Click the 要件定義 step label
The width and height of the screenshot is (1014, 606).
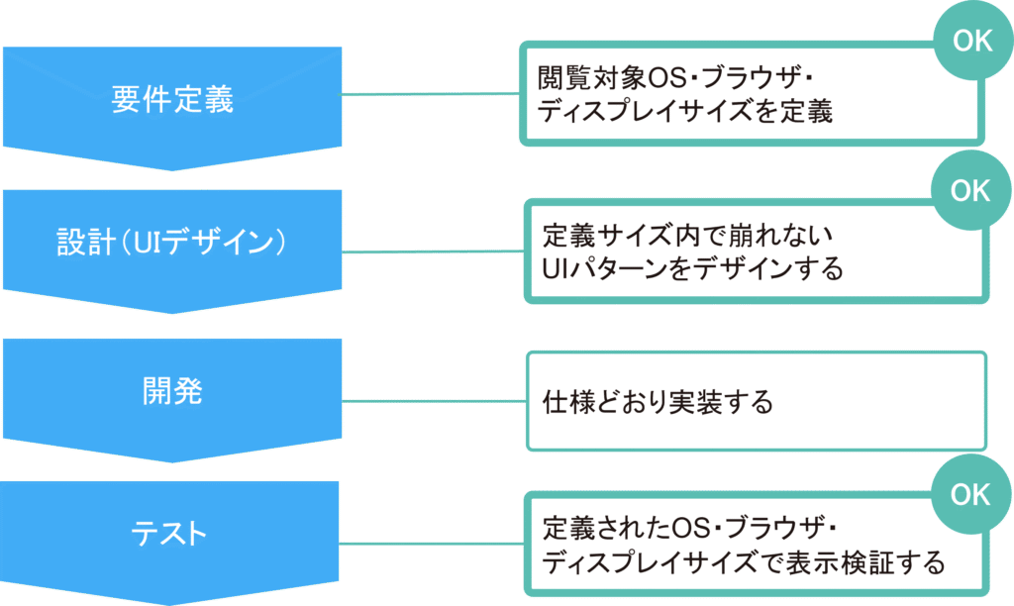click(x=172, y=100)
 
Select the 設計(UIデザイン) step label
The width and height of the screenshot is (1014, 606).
click(x=172, y=244)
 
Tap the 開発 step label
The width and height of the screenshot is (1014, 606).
click(x=172, y=390)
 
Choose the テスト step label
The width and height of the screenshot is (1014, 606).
click(x=172, y=534)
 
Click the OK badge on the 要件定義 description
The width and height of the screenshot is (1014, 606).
click(x=970, y=42)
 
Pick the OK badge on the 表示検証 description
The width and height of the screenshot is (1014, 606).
click(x=970, y=494)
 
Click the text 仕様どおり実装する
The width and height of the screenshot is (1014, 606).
click(x=658, y=403)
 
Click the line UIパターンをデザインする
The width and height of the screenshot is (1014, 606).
click(x=692, y=268)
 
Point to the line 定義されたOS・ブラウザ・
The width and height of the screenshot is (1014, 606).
click(x=691, y=526)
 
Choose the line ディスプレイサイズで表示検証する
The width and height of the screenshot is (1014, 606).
click(x=743, y=562)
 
